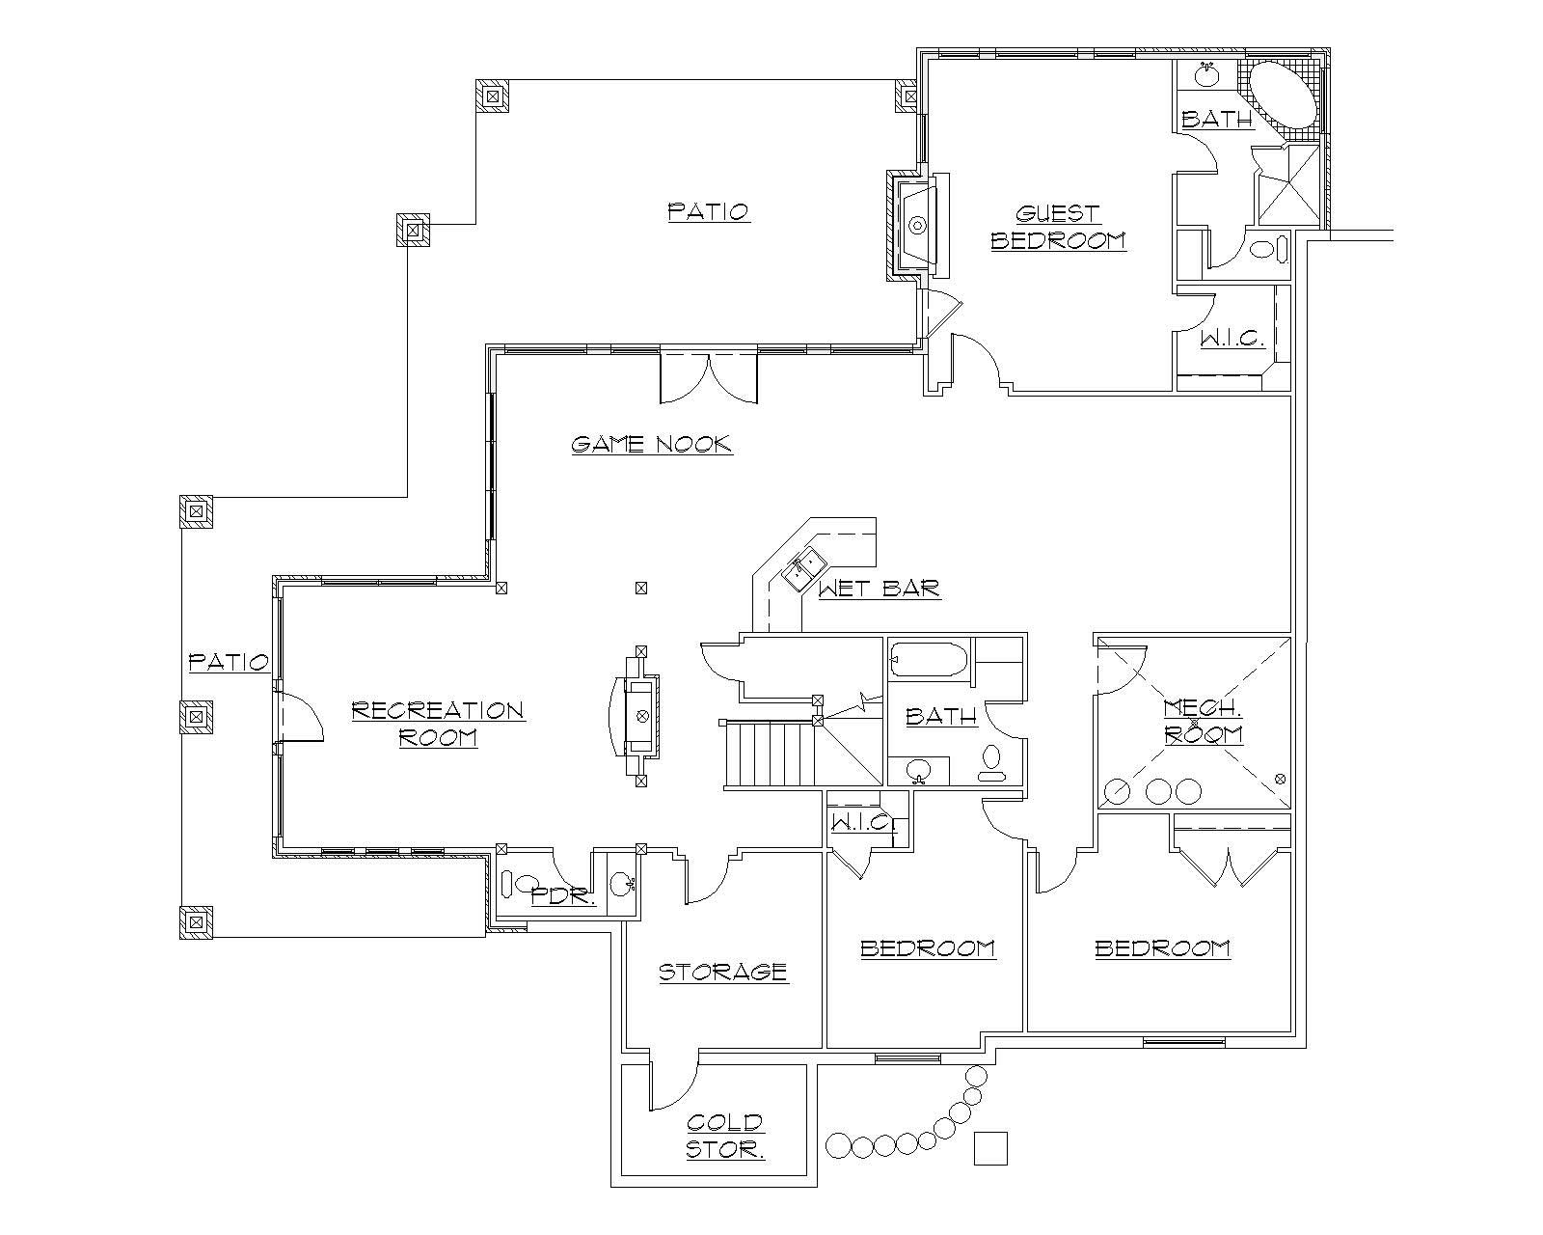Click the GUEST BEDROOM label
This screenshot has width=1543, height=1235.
tap(1058, 227)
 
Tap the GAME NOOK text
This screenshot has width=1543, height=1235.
tap(651, 444)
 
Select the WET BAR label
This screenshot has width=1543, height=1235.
tap(879, 589)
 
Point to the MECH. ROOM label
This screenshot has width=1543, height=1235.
tap(1203, 721)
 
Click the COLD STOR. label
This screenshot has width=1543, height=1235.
tap(725, 1136)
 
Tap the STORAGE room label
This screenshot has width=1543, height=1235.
tap(723, 972)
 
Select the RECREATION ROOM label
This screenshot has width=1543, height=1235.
tap(437, 724)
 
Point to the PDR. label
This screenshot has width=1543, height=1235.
tap(563, 895)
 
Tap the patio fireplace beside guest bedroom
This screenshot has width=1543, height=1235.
tap(916, 225)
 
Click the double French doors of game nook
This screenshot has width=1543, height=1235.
tap(708, 378)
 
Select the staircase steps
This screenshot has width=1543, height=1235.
tap(771, 755)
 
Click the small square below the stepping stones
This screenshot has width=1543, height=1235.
tap(989, 1148)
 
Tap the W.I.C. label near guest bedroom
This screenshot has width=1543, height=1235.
tap(1232, 339)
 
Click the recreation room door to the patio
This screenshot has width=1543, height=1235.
tap(299, 716)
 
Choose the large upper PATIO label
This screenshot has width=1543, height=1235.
tap(709, 211)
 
